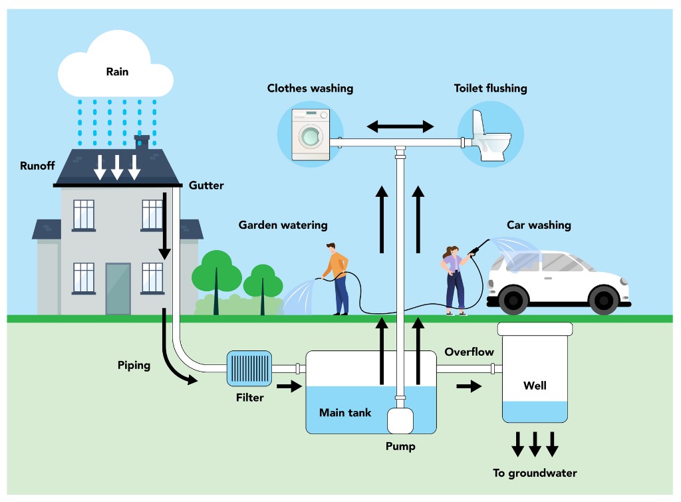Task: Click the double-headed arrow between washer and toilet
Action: point(400,126)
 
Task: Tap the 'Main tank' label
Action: point(344,412)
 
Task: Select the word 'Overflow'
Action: point(468,352)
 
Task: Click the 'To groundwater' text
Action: point(535,473)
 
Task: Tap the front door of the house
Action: point(118,289)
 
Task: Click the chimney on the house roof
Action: point(142,142)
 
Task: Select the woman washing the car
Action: point(455,280)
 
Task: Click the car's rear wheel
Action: point(514,300)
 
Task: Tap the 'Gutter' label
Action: point(206,186)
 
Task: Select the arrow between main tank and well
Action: point(468,386)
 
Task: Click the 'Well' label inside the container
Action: point(535,385)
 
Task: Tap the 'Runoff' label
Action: point(37,166)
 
